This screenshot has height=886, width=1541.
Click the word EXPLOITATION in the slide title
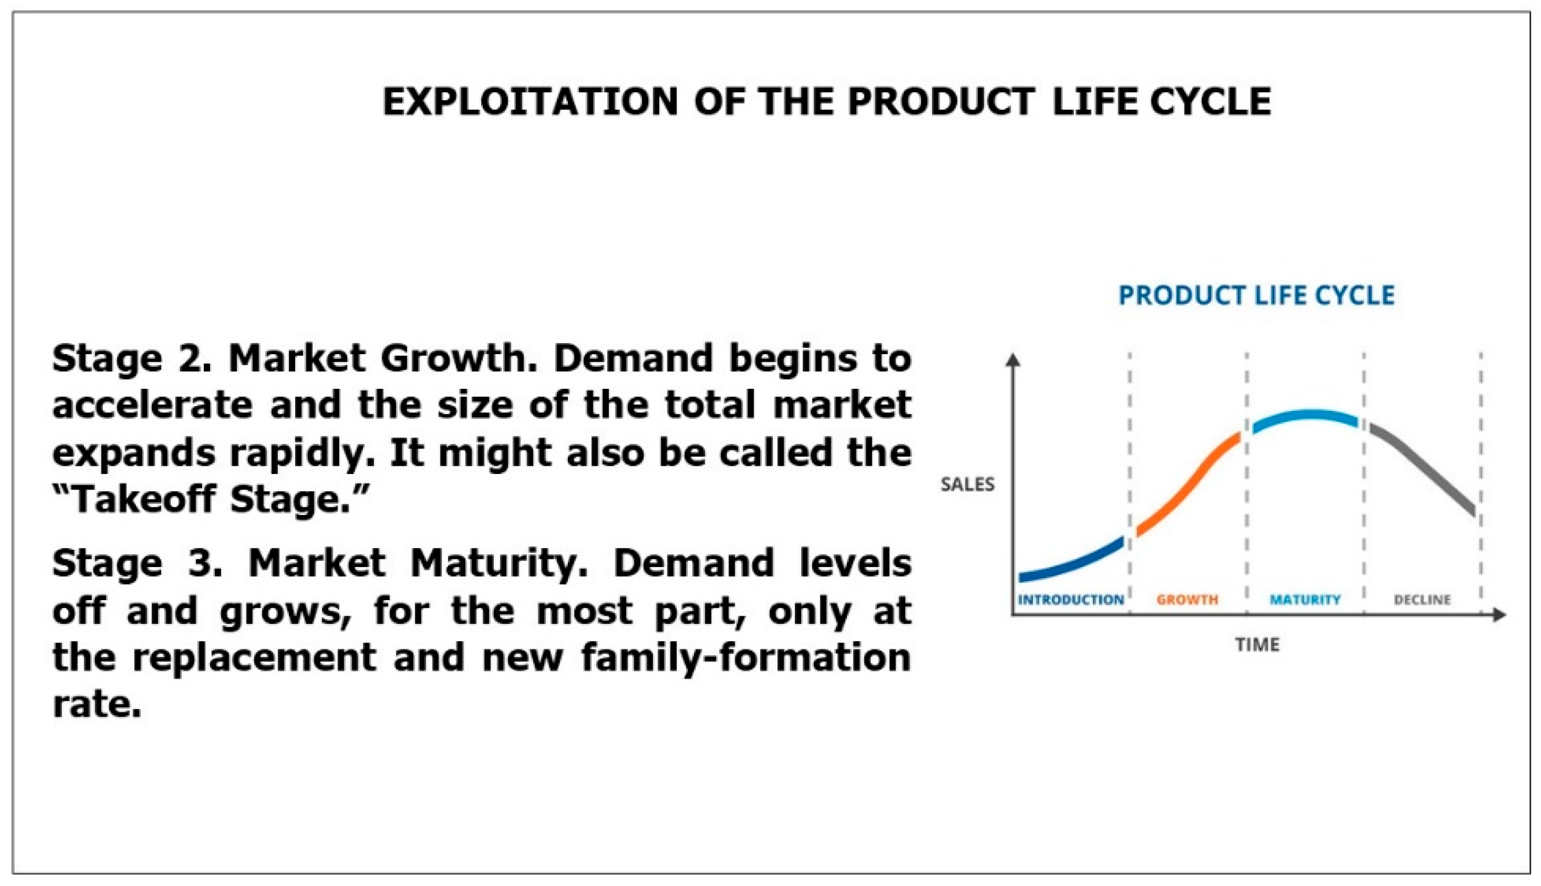click(530, 101)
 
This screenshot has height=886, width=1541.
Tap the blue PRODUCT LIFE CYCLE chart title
click(1257, 296)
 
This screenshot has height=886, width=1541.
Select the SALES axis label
click(968, 485)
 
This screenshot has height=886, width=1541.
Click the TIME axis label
click(1257, 645)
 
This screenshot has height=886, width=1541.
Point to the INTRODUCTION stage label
click(1071, 600)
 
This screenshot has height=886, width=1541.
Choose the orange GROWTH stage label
click(1187, 600)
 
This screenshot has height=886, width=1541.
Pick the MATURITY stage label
click(1305, 600)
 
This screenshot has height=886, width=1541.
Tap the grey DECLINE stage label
click(1422, 600)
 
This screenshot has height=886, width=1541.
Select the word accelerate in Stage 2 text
click(152, 405)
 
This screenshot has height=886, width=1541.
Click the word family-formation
click(746, 657)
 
